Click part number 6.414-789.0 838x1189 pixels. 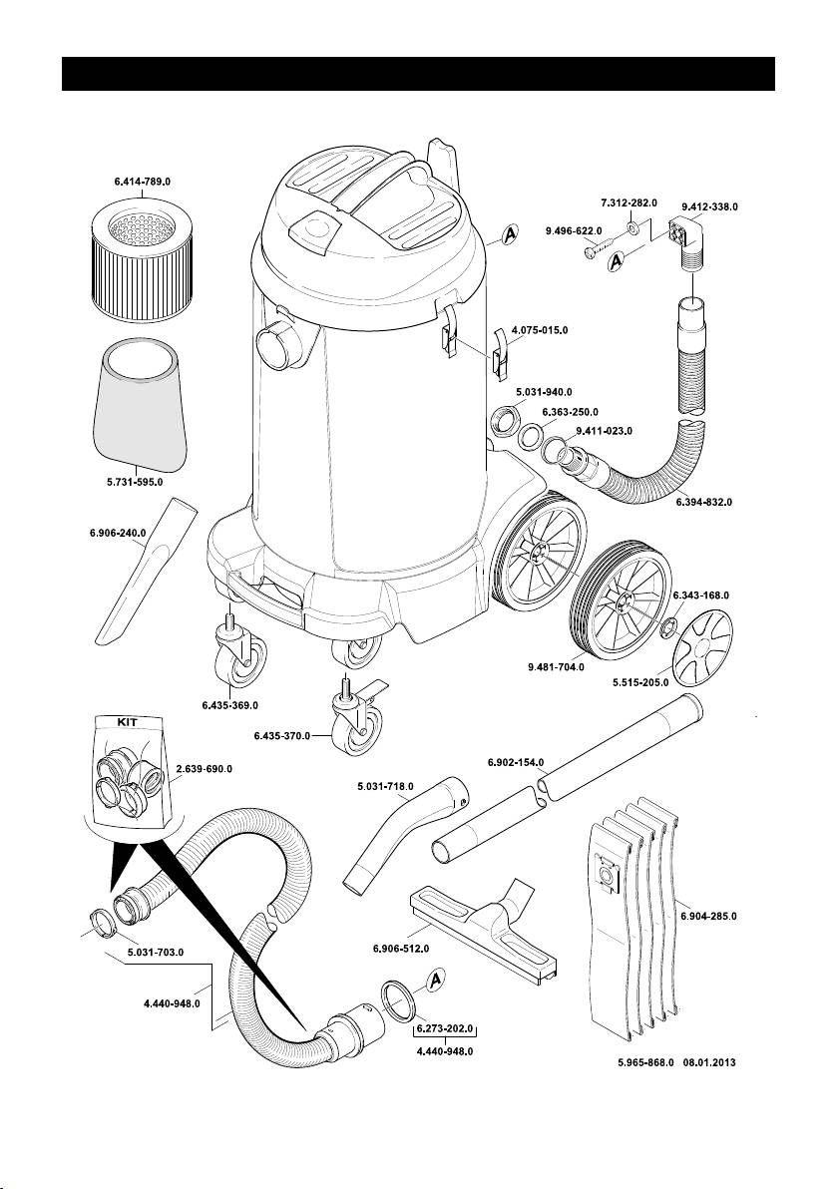143,183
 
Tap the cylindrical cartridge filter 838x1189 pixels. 143,260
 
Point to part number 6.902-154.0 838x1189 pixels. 516,762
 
